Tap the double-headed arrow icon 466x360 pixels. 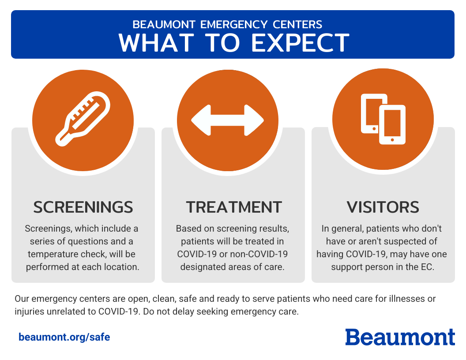pyautogui.click(x=227, y=120)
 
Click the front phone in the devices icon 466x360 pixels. pyautogui.click(x=392, y=125)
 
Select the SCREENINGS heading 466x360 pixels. pyautogui.click(x=83, y=207)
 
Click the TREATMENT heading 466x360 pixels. pyautogui.click(x=234, y=207)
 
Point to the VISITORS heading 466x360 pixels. pyautogui.click(x=383, y=207)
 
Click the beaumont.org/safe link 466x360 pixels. pyautogui.click(x=64, y=337)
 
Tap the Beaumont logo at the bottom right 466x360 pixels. pyautogui.click(x=400, y=337)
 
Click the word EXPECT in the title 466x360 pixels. pyautogui.click(x=300, y=43)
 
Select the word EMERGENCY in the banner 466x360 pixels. pyautogui.click(x=234, y=24)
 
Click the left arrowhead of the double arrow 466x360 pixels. pyautogui.click(x=201, y=120)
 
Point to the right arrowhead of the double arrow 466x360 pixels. pyautogui.click(x=254, y=120)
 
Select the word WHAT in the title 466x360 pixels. pyautogui.click(x=156, y=43)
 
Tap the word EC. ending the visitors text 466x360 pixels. pyautogui.click(x=428, y=267)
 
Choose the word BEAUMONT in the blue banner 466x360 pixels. pyautogui.click(x=164, y=24)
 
